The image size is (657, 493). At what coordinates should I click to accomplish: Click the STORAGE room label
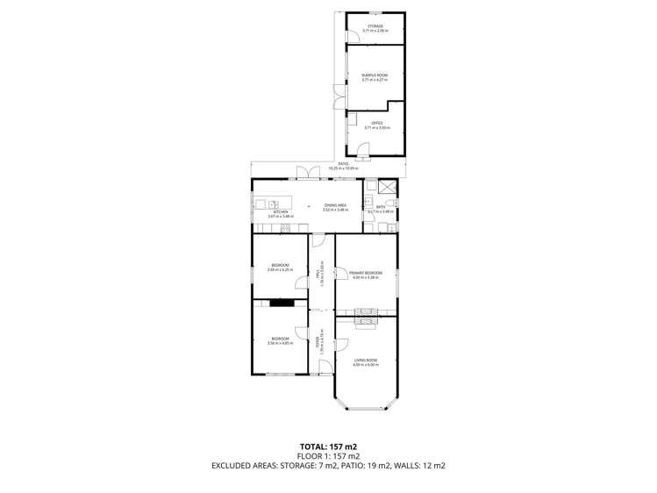pyautogui.click(x=375, y=26)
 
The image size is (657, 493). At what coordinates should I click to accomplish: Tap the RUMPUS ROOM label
pyautogui.click(x=375, y=75)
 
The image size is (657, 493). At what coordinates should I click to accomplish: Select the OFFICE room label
pyautogui.click(x=375, y=123)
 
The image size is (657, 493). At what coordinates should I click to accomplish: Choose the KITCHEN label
pyautogui.click(x=280, y=211)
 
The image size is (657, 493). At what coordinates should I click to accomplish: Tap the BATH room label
pyautogui.click(x=381, y=208)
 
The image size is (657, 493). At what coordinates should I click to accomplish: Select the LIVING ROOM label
pyautogui.click(x=365, y=360)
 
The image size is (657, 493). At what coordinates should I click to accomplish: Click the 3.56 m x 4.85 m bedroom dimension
pyautogui.click(x=279, y=343)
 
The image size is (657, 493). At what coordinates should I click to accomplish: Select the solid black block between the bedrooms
pyautogui.click(x=281, y=304)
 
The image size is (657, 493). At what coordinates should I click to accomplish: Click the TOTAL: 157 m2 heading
pyautogui.click(x=328, y=447)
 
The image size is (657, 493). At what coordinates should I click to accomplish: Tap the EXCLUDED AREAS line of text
pyautogui.click(x=328, y=466)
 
